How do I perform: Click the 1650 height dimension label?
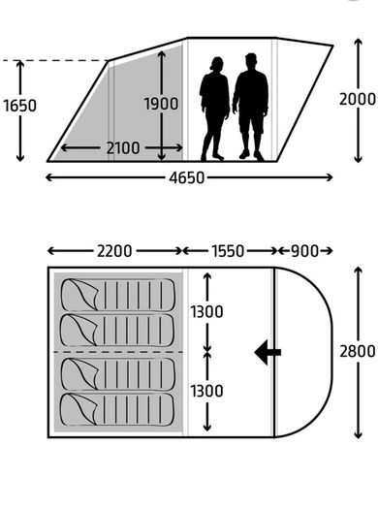(19, 106)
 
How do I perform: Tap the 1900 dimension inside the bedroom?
(161, 104)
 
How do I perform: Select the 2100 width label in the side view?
(123, 148)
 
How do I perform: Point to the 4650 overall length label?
(186, 177)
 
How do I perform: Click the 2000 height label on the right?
(358, 99)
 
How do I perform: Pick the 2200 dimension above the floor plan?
(114, 251)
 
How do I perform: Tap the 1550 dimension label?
(228, 251)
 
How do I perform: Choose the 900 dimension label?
(304, 251)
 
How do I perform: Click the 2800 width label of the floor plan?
(358, 351)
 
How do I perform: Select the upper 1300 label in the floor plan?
(206, 311)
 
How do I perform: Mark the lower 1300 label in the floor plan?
(206, 391)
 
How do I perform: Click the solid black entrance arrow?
(268, 352)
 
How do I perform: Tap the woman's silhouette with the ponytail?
(214, 109)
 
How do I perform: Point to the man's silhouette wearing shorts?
(250, 107)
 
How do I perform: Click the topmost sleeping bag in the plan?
(118, 295)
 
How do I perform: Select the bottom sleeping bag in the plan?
(117, 410)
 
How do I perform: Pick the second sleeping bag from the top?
(117, 330)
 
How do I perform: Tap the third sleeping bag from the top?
(118, 374)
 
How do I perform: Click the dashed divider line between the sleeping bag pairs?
(118, 352)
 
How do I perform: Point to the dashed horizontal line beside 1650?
(54, 60)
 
